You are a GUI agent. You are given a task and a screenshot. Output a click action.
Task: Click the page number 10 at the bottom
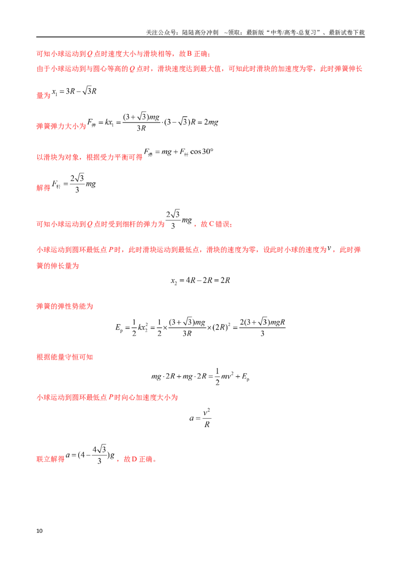point(40,530)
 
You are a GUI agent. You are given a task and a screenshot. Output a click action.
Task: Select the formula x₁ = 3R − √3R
point(74,92)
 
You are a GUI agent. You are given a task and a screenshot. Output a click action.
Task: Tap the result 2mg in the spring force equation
point(211,122)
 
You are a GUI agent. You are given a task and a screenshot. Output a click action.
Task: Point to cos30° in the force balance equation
point(202,151)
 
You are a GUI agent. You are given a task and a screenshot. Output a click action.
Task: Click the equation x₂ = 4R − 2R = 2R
point(200,280)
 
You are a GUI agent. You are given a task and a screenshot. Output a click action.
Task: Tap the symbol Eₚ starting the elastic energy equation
point(119,328)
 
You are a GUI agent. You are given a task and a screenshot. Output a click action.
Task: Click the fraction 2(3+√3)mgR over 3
point(262,328)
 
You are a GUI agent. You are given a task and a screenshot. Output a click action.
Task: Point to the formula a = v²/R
point(200,418)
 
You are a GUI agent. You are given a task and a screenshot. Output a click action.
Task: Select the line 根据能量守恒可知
point(65,357)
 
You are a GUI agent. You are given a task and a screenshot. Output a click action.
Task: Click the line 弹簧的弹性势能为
point(65,306)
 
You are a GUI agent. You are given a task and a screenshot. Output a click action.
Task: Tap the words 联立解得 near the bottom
point(51,459)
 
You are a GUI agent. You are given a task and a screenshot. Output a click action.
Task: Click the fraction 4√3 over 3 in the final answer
point(99,455)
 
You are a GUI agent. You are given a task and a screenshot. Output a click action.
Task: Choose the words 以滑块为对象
point(58,157)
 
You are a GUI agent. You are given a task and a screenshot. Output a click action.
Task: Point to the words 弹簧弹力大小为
point(61,126)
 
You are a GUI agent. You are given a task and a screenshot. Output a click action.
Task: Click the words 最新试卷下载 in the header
point(347,32)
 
